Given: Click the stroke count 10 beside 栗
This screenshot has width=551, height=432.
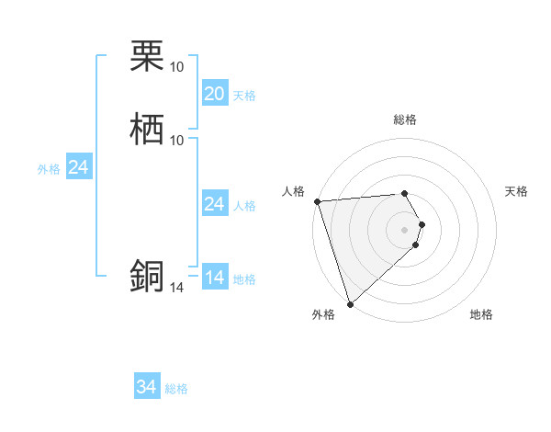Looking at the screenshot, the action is tap(176, 67).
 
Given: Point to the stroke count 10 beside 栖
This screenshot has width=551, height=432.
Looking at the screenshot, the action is tap(176, 140).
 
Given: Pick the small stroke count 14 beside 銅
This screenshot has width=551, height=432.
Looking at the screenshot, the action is tap(176, 288).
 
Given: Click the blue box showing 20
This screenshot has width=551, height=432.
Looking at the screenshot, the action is tap(214, 94).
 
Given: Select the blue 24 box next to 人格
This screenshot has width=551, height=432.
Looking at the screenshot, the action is tap(214, 204).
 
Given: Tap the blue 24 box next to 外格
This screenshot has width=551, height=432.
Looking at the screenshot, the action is tap(78, 168).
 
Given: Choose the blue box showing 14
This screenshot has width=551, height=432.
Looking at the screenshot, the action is tap(214, 278).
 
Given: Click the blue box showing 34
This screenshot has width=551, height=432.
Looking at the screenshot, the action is tap(146, 388).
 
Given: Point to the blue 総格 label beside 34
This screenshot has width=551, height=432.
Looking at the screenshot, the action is tap(176, 390).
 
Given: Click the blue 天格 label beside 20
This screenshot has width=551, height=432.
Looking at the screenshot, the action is tap(244, 96).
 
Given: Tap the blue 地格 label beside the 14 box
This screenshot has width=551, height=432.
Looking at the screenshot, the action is tap(244, 279).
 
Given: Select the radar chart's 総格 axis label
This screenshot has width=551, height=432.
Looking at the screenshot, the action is tap(405, 119).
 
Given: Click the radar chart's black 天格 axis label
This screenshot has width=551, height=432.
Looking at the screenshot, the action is tap(517, 191).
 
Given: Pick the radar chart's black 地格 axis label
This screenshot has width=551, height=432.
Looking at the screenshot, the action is tap(481, 315).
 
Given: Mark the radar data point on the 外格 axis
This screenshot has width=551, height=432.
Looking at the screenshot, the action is tap(350, 303).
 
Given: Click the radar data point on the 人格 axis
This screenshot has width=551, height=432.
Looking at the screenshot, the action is tap(317, 201).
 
